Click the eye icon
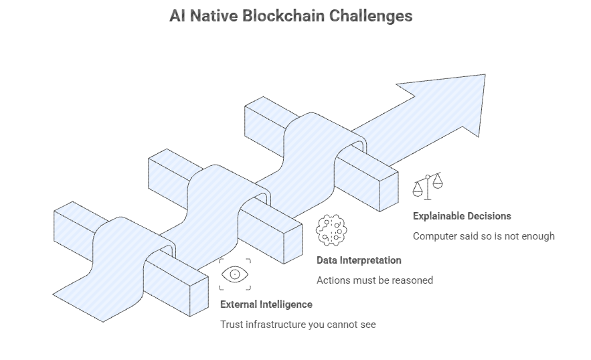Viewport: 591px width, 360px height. pos(235,274)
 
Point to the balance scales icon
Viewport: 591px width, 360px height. pos(428,185)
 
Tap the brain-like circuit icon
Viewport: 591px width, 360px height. pos(331,230)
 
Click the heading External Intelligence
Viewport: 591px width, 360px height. pos(266,304)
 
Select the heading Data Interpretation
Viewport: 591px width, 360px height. pos(359,260)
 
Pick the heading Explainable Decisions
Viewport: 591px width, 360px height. pos(462,216)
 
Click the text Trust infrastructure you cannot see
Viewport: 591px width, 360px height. pos(298,325)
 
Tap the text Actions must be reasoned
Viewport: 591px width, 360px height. pos(374,280)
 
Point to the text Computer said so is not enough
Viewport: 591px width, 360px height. pos(483,236)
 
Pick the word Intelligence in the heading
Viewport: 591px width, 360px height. pos(285,304)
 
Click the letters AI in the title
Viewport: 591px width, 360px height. pos(177,15)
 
